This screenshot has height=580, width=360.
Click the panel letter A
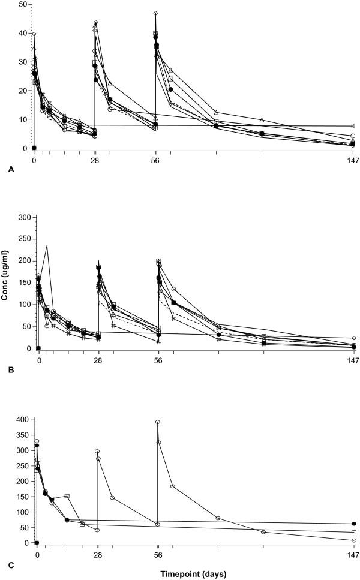(11, 170)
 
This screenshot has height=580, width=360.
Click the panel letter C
(11, 564)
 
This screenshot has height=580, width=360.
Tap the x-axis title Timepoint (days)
(193, 574)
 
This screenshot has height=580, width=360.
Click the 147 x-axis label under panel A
(353, 160)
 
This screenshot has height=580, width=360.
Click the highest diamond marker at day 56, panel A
(155, 13)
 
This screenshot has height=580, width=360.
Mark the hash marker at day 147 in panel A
(353, 126)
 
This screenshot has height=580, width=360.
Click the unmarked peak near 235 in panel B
(47, 245)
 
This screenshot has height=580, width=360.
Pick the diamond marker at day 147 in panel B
(354, 338)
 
